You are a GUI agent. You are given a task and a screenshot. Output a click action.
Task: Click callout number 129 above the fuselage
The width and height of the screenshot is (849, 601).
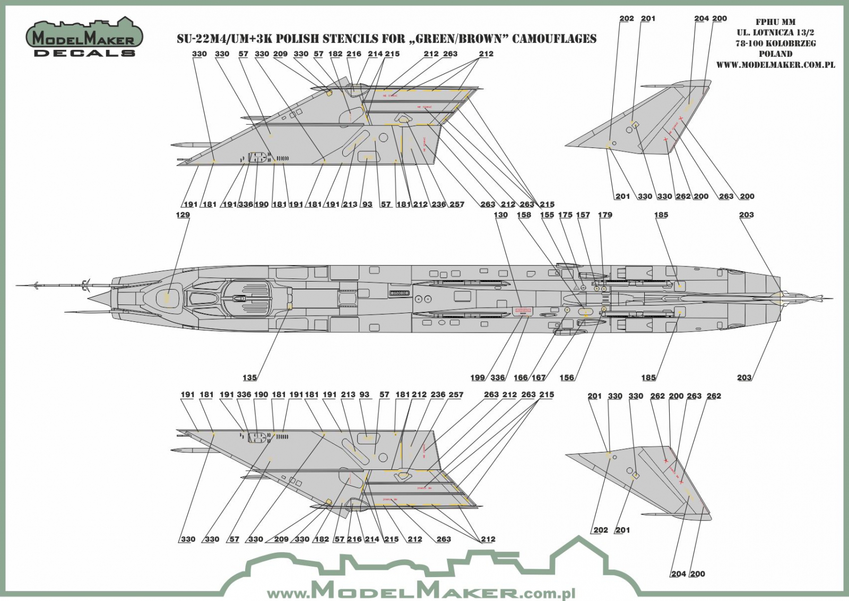pyautogui.click(x=183, y=215)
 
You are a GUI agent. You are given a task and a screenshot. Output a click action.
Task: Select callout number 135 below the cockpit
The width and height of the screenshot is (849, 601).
pyautogui.click(x=250, y=378)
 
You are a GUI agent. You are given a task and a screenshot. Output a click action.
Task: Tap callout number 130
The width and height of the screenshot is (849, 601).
pyautogui.click(x=500, y=215)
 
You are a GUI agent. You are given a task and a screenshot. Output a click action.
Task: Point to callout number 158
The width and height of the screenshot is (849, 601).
pyautogui.click(x=524, y=215)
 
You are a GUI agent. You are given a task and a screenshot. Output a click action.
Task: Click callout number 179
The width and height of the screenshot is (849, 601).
pyautogui.click(x=605, y=215)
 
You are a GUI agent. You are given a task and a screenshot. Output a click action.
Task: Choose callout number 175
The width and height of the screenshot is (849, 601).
pyautogui.click(x=565, y=215)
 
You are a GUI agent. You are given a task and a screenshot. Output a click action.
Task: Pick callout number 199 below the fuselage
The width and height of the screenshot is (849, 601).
pyautogui.click(x=478, y=378)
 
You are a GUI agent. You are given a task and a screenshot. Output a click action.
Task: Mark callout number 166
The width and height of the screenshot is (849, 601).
pyautogui.click(x=521, y=378)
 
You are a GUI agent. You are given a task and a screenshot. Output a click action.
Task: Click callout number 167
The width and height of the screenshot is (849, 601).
pyautogui.click(x=539, y=378)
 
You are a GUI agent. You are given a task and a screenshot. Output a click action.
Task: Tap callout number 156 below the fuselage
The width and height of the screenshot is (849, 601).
pyautogui.click(x=567, y=378)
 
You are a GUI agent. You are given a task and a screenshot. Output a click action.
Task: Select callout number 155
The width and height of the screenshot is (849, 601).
pyautogui.click(x=547, y=215)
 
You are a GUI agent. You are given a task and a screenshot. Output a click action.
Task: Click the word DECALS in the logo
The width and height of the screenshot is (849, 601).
pyautogui.click(x=84, y=53)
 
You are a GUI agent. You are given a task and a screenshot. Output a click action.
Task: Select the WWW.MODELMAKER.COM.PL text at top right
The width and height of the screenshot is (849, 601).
pyautogui.click(x=775, y=65)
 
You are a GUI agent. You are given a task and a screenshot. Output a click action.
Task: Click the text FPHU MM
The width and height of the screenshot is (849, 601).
pyautogui.click(x=775, y=22)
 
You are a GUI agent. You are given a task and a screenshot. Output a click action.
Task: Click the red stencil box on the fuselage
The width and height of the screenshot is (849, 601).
pyautogui.click(x=522, y=311)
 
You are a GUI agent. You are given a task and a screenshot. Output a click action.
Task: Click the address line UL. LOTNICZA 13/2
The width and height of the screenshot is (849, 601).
pyautogui.click(x=775, y=33)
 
